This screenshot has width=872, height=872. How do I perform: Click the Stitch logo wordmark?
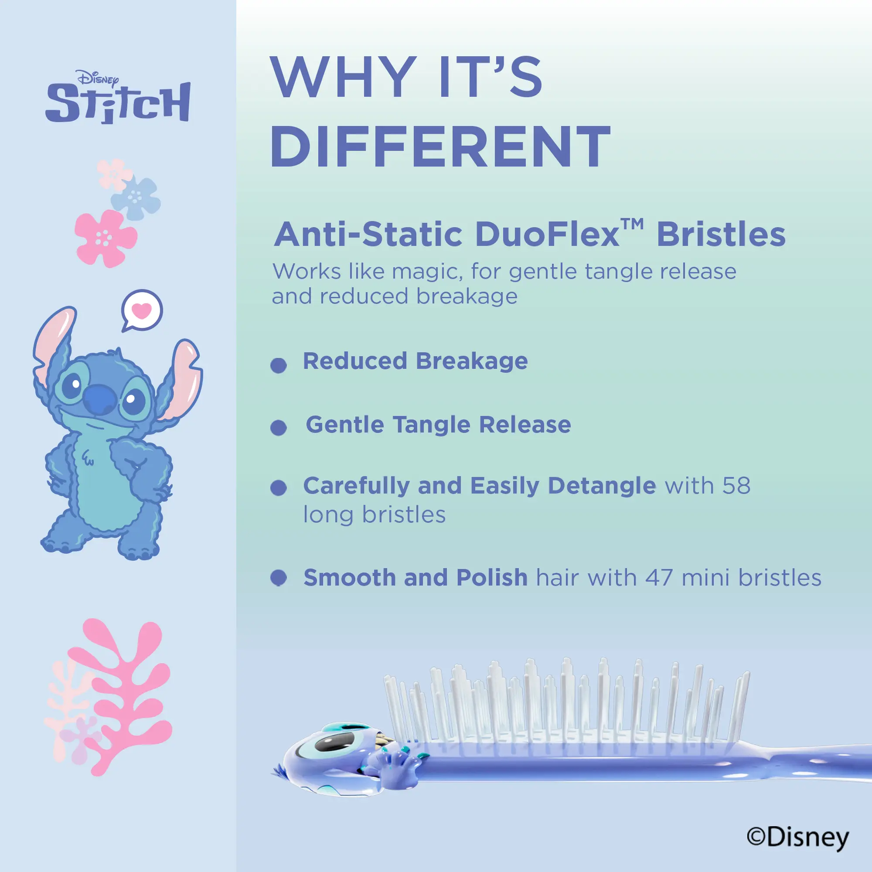(118, 103)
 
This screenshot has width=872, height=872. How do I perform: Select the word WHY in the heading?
(343, 77)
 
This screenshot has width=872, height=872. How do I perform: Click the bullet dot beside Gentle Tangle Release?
(279, 427)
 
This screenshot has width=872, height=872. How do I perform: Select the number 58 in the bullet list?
(736, 486)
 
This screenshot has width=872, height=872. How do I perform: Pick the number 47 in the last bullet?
(659, 577)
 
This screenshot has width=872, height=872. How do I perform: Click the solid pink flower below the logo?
(106, 238)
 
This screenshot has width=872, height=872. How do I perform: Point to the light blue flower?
(136, 198)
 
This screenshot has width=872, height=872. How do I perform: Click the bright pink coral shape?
(121, 696)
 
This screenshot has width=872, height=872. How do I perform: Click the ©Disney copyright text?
(797, 838)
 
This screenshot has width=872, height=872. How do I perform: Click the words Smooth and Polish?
(415, 578)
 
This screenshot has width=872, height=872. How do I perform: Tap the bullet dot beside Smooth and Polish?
(279, 577)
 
